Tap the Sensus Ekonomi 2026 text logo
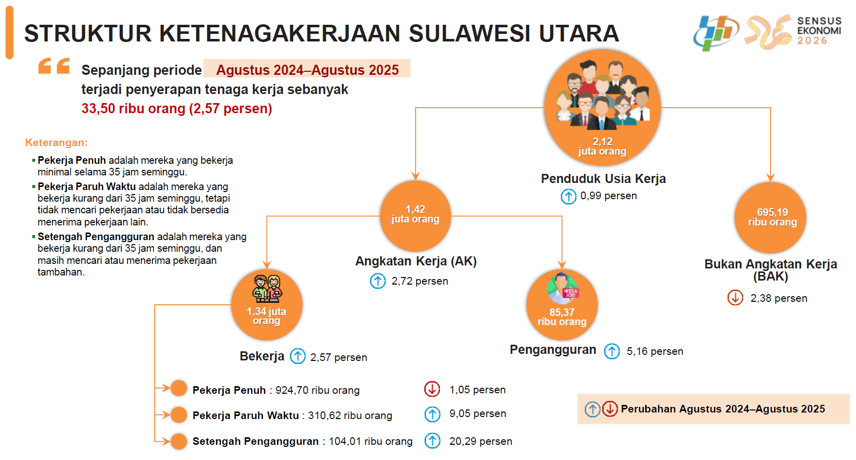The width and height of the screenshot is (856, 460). [819, 30]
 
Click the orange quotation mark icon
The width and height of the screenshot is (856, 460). [54, 66]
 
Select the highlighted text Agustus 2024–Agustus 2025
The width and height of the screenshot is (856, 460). [307, 70]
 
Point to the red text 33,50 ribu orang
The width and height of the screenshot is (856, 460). [133, 109]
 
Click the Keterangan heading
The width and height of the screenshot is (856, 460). [56, 143]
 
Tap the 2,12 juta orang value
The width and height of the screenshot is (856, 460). [602, 146]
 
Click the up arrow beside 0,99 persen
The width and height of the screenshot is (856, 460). [568, 196]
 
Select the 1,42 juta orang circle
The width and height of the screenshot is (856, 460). [416, 216]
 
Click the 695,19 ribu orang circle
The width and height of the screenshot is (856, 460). [771, 217]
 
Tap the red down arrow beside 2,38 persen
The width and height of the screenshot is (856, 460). [735, 298]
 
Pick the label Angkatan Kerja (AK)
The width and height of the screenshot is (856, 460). [416, 261]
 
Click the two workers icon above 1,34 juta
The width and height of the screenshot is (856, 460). [267, 288]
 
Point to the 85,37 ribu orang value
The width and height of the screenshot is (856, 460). [562, 317]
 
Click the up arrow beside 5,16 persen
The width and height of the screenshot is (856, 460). [612, 351]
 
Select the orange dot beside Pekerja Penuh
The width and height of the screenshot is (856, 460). [178, 388]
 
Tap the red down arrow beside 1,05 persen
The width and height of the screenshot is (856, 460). [432, 389]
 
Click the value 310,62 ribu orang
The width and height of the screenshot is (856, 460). [350, 416]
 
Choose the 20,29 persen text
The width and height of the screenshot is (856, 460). [481, 441]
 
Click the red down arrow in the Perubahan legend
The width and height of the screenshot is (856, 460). [610, 409]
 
